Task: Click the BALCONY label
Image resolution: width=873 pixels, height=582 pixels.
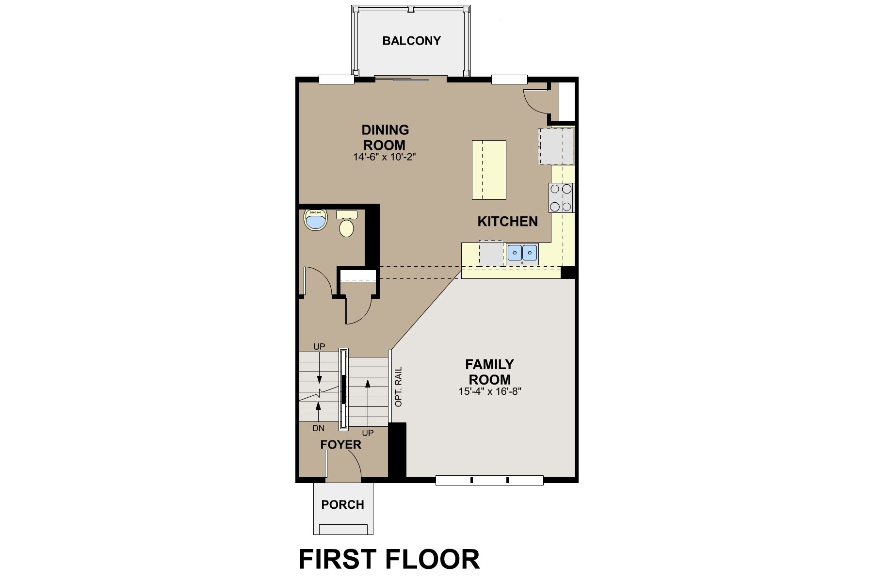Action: point(411,41)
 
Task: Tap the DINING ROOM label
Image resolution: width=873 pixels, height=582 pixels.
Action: point(385,137)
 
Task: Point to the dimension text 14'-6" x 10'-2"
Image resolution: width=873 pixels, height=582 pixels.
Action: point(385,157)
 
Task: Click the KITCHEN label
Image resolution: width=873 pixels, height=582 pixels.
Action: point(507,222)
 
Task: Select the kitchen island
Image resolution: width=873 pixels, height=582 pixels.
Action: point(489,170)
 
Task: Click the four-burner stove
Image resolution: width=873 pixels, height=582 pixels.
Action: point(561,198)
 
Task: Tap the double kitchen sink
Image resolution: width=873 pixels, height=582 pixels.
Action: point(522,253)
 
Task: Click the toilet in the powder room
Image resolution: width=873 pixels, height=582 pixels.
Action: point(346,224)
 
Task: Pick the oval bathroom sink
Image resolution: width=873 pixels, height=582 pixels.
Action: point(316,220)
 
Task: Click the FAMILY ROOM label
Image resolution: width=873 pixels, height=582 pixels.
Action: point(489,372)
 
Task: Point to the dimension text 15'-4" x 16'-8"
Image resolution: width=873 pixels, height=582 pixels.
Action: point(489,391)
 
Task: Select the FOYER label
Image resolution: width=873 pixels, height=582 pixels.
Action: point(340,445)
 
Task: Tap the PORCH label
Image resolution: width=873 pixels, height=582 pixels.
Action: point(342,505)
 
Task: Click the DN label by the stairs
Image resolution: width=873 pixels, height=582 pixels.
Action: point(318,428)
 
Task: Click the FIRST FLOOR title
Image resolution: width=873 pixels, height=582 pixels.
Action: point(389,559)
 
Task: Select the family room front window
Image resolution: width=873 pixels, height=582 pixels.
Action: point(489,481)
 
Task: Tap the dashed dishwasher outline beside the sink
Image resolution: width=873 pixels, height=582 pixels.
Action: point(491,253)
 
